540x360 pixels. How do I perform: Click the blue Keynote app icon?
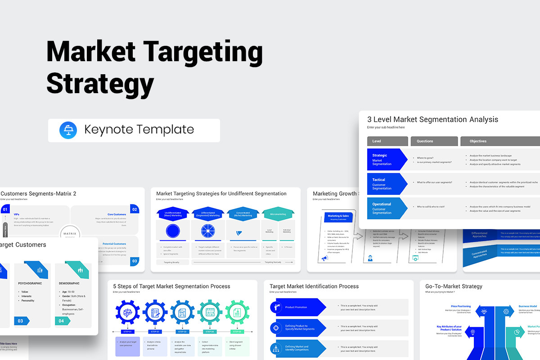[68, 130]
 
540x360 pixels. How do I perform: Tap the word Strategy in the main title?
[100, 84]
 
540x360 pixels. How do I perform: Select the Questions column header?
[434, 141]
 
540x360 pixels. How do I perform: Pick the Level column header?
[387, 141]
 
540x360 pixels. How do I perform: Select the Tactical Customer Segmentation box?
[387, 184]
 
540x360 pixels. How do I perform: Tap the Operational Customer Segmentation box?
[387, 208]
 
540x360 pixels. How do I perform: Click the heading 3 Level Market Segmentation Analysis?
[432, 120]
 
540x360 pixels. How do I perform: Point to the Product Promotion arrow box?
[297, 307]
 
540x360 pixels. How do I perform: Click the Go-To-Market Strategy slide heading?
[454, 286]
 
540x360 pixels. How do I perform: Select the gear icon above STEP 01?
[128, 312]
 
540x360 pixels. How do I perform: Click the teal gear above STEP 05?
[237, 312]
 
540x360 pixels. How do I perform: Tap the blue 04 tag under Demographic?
[63, 321]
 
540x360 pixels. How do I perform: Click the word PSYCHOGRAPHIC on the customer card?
[30, 283]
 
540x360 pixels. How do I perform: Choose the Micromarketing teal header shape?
[278, 214]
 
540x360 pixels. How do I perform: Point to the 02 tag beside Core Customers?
[134, 209]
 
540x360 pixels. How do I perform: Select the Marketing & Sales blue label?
[338, 216]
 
